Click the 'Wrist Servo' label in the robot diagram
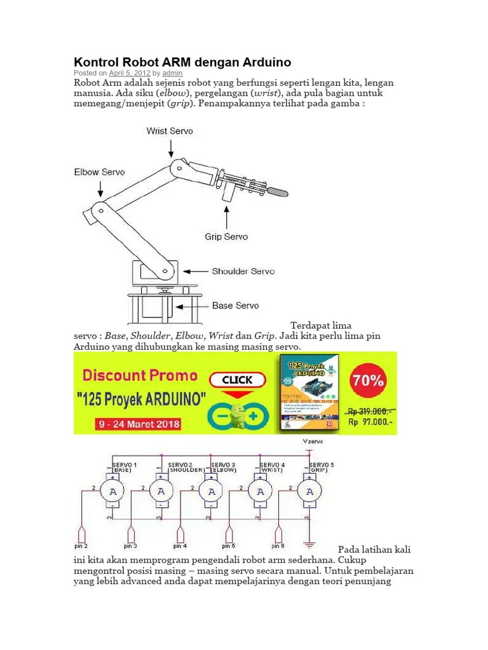pos(170,131)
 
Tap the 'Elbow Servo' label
pos(99,172)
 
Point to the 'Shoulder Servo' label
pos(243,271)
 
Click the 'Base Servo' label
pos(235,305)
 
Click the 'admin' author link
pos(172,74)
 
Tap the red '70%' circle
pos(369,381)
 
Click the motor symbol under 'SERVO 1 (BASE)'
pos(112,491)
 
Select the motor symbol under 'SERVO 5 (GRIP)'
pos(309,491)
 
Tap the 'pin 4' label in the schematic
pos(180,546)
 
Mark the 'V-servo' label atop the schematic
pos(312,441)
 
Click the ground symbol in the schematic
pos(309,543)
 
